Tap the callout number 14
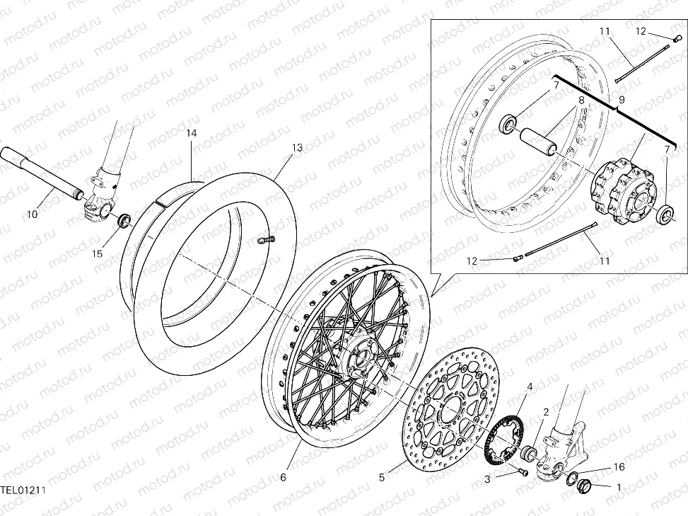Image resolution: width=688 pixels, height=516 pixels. [x=192, y=133]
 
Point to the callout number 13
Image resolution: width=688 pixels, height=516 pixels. [x=297, y=147]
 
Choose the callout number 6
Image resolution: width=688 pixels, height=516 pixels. [x=283, y=478]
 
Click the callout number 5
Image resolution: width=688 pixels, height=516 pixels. [x=382, y=478]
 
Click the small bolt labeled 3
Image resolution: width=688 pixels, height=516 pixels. [x=523, y=471]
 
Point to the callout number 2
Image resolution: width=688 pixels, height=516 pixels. [x=546, y=411]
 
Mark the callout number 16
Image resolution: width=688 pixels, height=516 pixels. [x=619, y=467]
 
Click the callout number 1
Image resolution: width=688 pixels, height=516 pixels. [x=619, y=487]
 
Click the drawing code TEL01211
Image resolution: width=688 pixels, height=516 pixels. [x=23, y=489]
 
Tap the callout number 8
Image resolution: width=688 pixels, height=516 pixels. [x=581, y=101]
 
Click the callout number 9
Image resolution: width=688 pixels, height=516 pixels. [x=621, y=101]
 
